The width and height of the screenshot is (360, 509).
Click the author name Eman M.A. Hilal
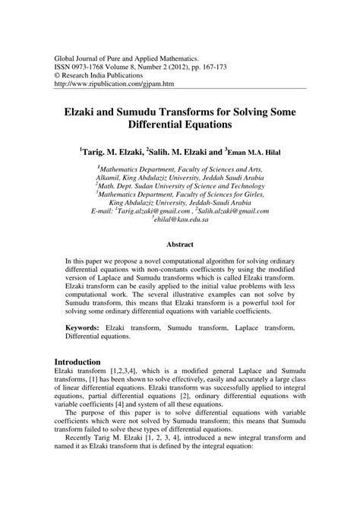pyautogui.click(x=248, y=153)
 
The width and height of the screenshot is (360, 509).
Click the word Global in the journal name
pyautogui.click(x=64, y=57)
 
